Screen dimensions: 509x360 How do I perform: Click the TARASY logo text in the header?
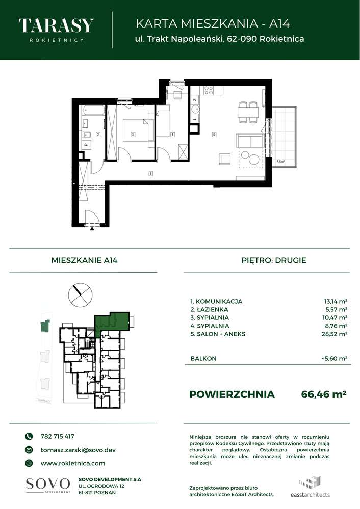click(56, 26)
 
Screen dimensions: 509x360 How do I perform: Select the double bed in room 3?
click(135, 130)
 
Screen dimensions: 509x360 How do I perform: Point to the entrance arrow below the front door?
click(92, 229)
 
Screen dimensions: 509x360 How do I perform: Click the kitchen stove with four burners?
click(209, 91)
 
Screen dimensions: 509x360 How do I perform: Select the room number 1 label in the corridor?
click(150, 174)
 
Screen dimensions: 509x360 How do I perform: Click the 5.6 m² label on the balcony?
click(280, 162)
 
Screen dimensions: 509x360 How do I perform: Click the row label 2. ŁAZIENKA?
click(209, 309)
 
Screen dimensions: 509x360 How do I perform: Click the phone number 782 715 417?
click(57, 436)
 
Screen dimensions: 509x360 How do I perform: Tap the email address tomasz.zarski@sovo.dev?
click(78, 450)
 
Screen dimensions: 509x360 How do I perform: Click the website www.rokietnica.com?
click(72, 463)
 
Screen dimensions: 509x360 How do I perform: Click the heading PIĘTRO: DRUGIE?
click(273, 260)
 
